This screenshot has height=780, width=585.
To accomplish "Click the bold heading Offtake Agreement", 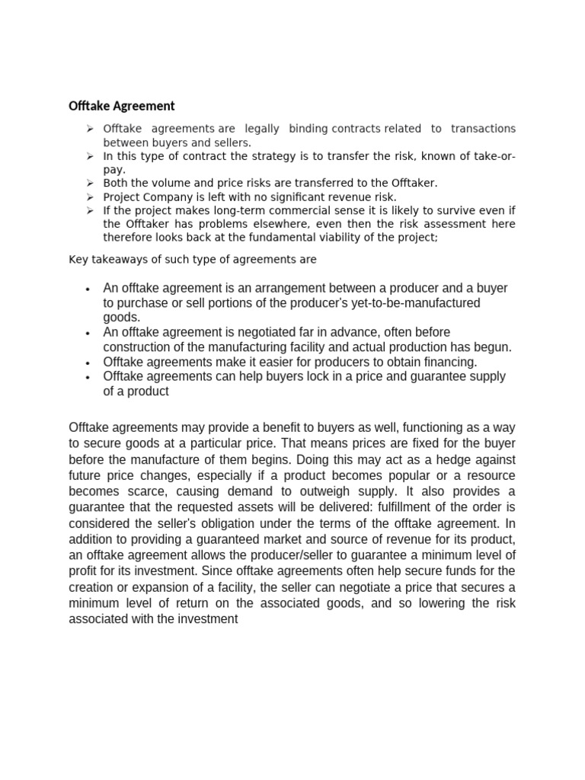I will [x=121, y=106].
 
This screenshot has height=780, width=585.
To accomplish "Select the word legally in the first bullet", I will [x=261, y=128].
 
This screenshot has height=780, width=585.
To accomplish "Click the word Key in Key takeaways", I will [x=78, y=260].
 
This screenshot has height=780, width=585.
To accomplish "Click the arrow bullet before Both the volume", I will [x=89, y=183].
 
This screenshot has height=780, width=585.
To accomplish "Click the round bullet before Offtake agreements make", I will [x=89, y=363].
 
